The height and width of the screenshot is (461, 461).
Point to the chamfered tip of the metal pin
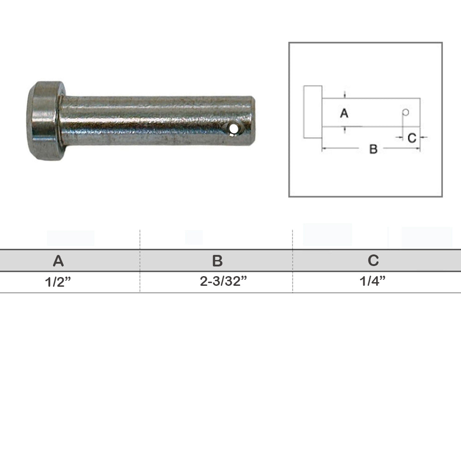click(252, 120)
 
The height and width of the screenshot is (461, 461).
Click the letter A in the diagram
click(344, 113)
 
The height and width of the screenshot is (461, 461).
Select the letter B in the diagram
click(373, 149)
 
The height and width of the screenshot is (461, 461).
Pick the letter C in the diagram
click(412, 138)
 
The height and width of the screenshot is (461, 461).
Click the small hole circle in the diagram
click(405, 112)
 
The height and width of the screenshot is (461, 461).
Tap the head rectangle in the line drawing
click(313, 112)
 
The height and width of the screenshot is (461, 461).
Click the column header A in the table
click(58, 261)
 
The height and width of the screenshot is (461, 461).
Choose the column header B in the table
click(217, 261)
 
